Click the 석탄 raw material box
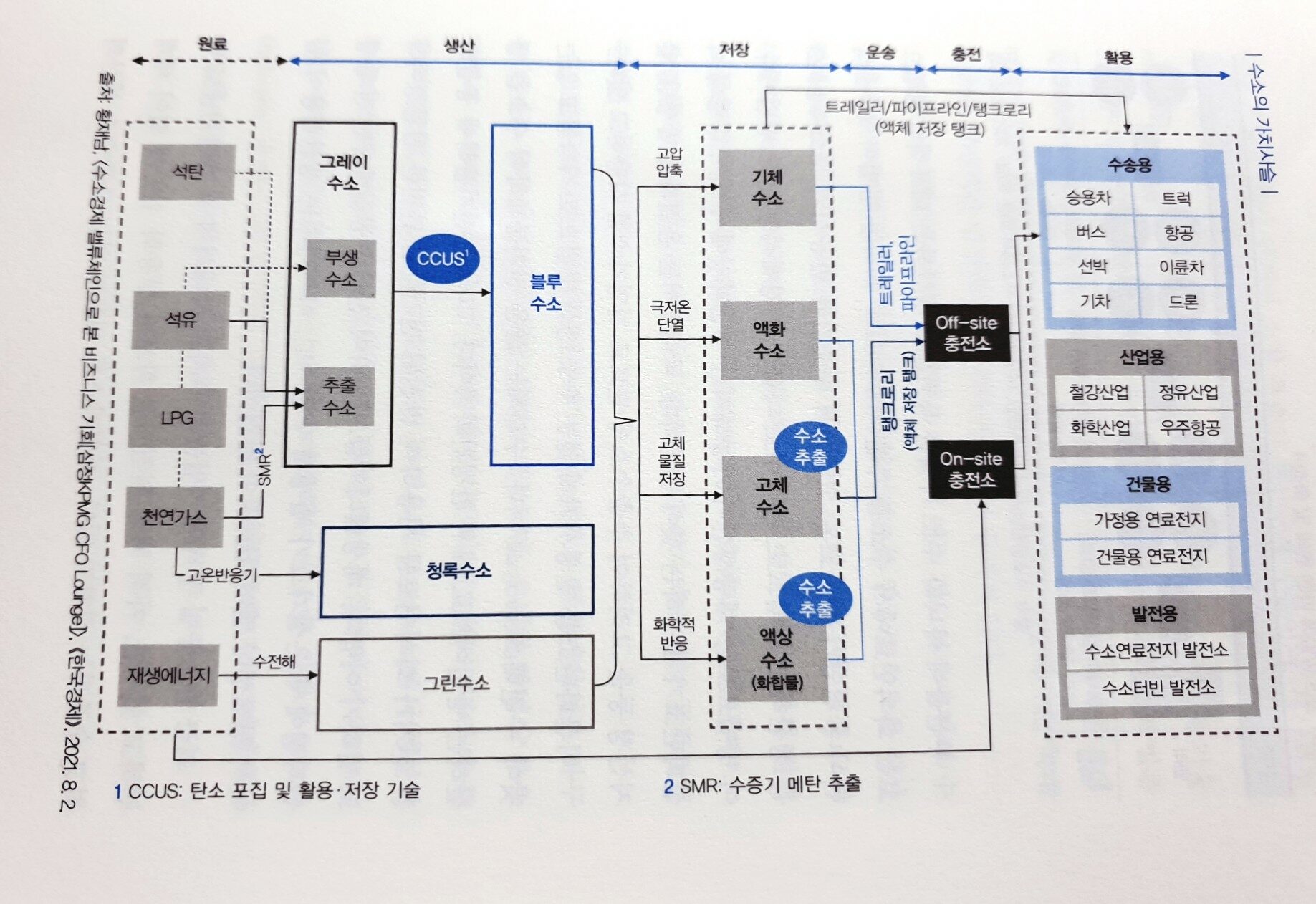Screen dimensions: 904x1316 pos(187,172)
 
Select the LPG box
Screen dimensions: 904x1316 pos(177,418)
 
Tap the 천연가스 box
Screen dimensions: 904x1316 pos(174,517)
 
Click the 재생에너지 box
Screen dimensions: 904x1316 pos(168,675)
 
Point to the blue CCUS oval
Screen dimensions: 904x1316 pos(442,258)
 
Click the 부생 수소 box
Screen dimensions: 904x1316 pos(341,268)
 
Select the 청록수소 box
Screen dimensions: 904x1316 pos(457,571)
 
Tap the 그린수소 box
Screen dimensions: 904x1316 pos(456,683)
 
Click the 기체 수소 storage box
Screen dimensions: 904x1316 pos(767,188)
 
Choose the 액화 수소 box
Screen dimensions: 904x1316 pos(769,340)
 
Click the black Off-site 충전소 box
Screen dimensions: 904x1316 pos(966,333)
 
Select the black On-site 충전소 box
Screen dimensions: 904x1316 pos(971,469)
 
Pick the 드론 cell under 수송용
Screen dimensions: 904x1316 pos(1183,302)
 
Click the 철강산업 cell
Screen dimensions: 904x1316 pos(1098,392)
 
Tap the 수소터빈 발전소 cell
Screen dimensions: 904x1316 pos(1158,688)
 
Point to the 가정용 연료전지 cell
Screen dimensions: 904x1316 pos(1149,519)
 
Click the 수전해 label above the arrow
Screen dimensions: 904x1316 pos(274,660)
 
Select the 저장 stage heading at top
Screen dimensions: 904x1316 pos(734,49)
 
